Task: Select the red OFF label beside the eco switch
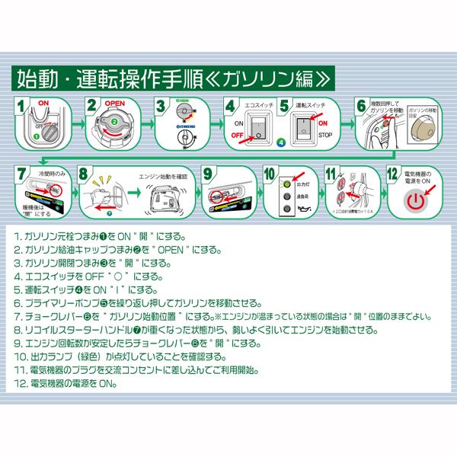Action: (236, 139)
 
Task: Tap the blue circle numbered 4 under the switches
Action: (280, 143)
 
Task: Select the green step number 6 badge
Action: (360, 106)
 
